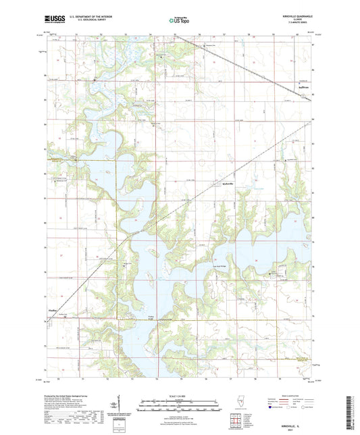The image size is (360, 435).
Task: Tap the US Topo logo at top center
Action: [179, 22]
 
